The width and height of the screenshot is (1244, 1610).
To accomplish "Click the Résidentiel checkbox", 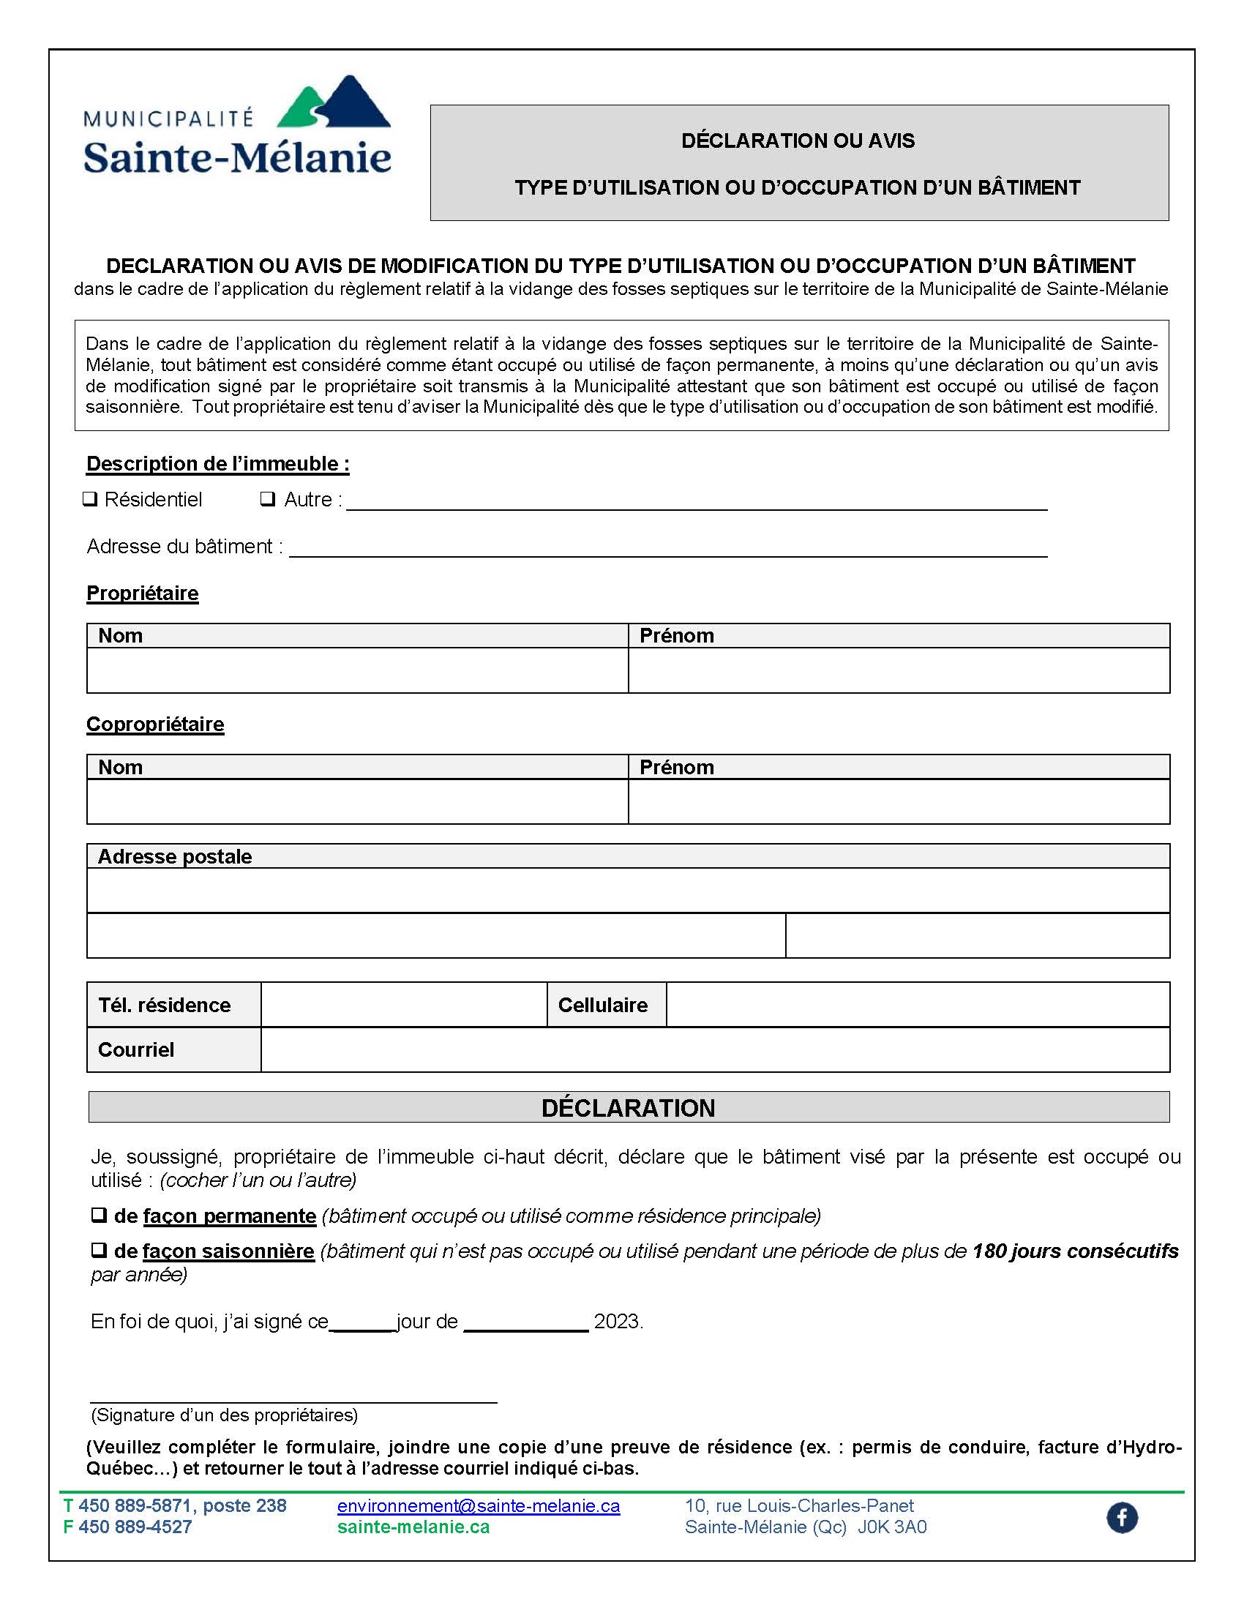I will coord(90,499).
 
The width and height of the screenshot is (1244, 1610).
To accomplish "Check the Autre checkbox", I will coord(268,499).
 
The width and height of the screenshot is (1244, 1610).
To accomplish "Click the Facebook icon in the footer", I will coord(1122,1517).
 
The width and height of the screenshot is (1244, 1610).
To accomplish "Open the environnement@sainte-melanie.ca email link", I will coord(479,1505).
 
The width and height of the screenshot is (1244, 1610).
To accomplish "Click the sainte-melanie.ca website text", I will coord(413,1527).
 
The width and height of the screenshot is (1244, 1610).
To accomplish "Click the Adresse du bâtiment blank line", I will coord(667,548).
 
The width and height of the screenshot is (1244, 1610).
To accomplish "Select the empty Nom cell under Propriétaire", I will coord(357,670).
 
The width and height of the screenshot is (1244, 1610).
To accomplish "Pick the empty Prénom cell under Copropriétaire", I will coord(899,801).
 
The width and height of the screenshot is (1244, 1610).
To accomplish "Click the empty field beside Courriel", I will coord(715,1049).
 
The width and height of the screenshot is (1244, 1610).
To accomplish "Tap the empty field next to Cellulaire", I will coord(918,1005).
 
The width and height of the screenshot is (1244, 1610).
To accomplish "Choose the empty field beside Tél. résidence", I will coord(404,1005).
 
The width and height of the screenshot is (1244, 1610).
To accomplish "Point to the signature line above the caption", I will coord(293,1400).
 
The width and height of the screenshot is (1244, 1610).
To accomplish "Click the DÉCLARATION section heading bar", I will coord(628,1108).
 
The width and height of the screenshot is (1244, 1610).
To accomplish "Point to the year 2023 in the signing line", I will coord(617,1322).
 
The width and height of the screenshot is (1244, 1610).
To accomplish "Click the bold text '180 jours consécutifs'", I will coord(1075,1251).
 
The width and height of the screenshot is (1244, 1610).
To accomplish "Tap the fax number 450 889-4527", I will coord(135,1527).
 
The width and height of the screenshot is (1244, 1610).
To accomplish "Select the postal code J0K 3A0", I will coord(892,1527).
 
